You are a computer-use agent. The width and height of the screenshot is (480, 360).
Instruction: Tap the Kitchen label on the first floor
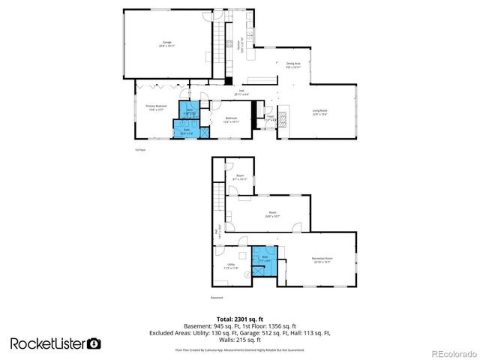tap(240, 43)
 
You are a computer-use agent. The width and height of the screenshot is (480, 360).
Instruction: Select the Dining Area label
tap(293, 65)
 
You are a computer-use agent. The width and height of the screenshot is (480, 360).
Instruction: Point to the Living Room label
tap(320, 112)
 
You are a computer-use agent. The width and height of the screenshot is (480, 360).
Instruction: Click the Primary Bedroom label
tap(155, 108)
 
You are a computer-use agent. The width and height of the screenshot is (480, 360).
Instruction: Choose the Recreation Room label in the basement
tap(322, 260)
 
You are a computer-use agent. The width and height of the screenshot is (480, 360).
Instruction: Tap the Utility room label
tap(232, 266)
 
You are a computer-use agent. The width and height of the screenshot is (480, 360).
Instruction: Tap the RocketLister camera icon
tap(94, 343)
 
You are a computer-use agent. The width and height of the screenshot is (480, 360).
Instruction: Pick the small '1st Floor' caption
tap(139, 149)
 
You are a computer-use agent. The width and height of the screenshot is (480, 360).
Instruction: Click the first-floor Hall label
tap(240, 93)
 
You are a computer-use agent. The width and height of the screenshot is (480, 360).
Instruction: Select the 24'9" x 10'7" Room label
tap(272, 214)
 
